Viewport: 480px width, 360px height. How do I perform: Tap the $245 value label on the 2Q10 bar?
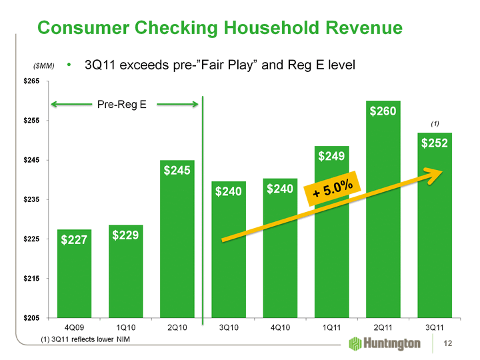(x=177, y=171)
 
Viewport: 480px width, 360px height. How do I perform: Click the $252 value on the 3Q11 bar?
(x=435, y=143)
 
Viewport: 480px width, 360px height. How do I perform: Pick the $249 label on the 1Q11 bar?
(x=331, y=157)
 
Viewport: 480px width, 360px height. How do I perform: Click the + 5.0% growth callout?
(x=333, y=188)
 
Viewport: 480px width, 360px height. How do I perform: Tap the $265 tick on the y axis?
(x=33, y=81)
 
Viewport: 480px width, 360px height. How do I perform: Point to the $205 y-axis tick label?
(x=33, y=318)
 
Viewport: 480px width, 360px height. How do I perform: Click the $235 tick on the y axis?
(x=33, y=199)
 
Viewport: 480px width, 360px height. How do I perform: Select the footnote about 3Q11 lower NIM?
(x=86, y=340)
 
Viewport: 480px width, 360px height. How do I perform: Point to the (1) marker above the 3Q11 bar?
(x=435, y=124)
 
